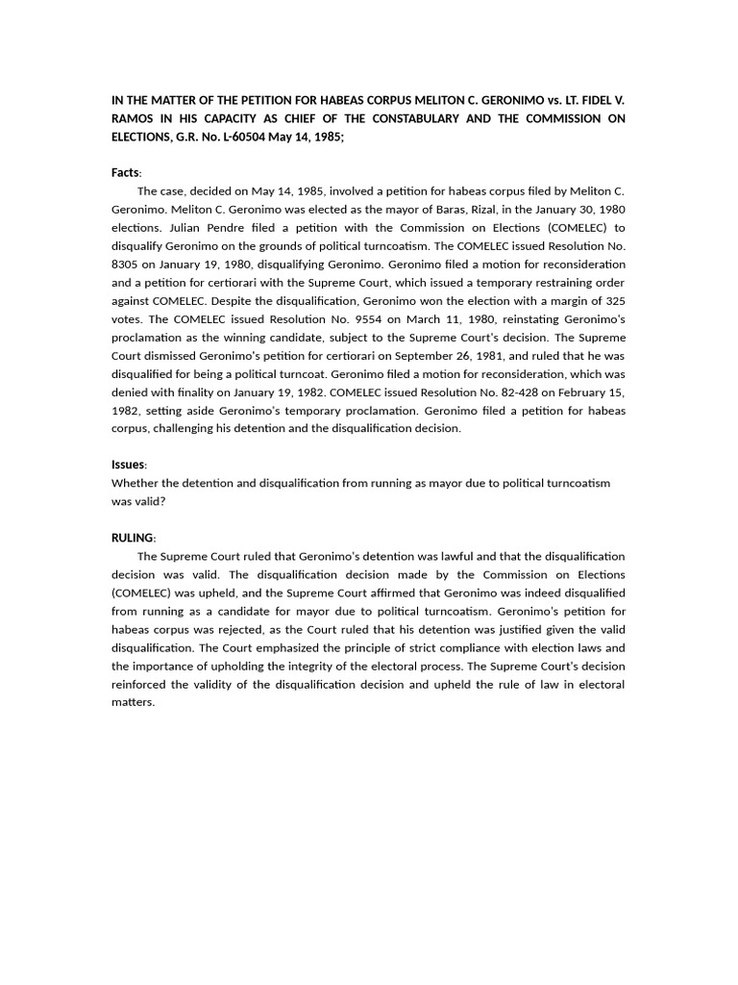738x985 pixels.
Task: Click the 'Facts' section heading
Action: [x=125, y=173]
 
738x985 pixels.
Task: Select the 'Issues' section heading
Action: [x=128, y=465]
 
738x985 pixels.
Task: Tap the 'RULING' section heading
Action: [x=132, y=538]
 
